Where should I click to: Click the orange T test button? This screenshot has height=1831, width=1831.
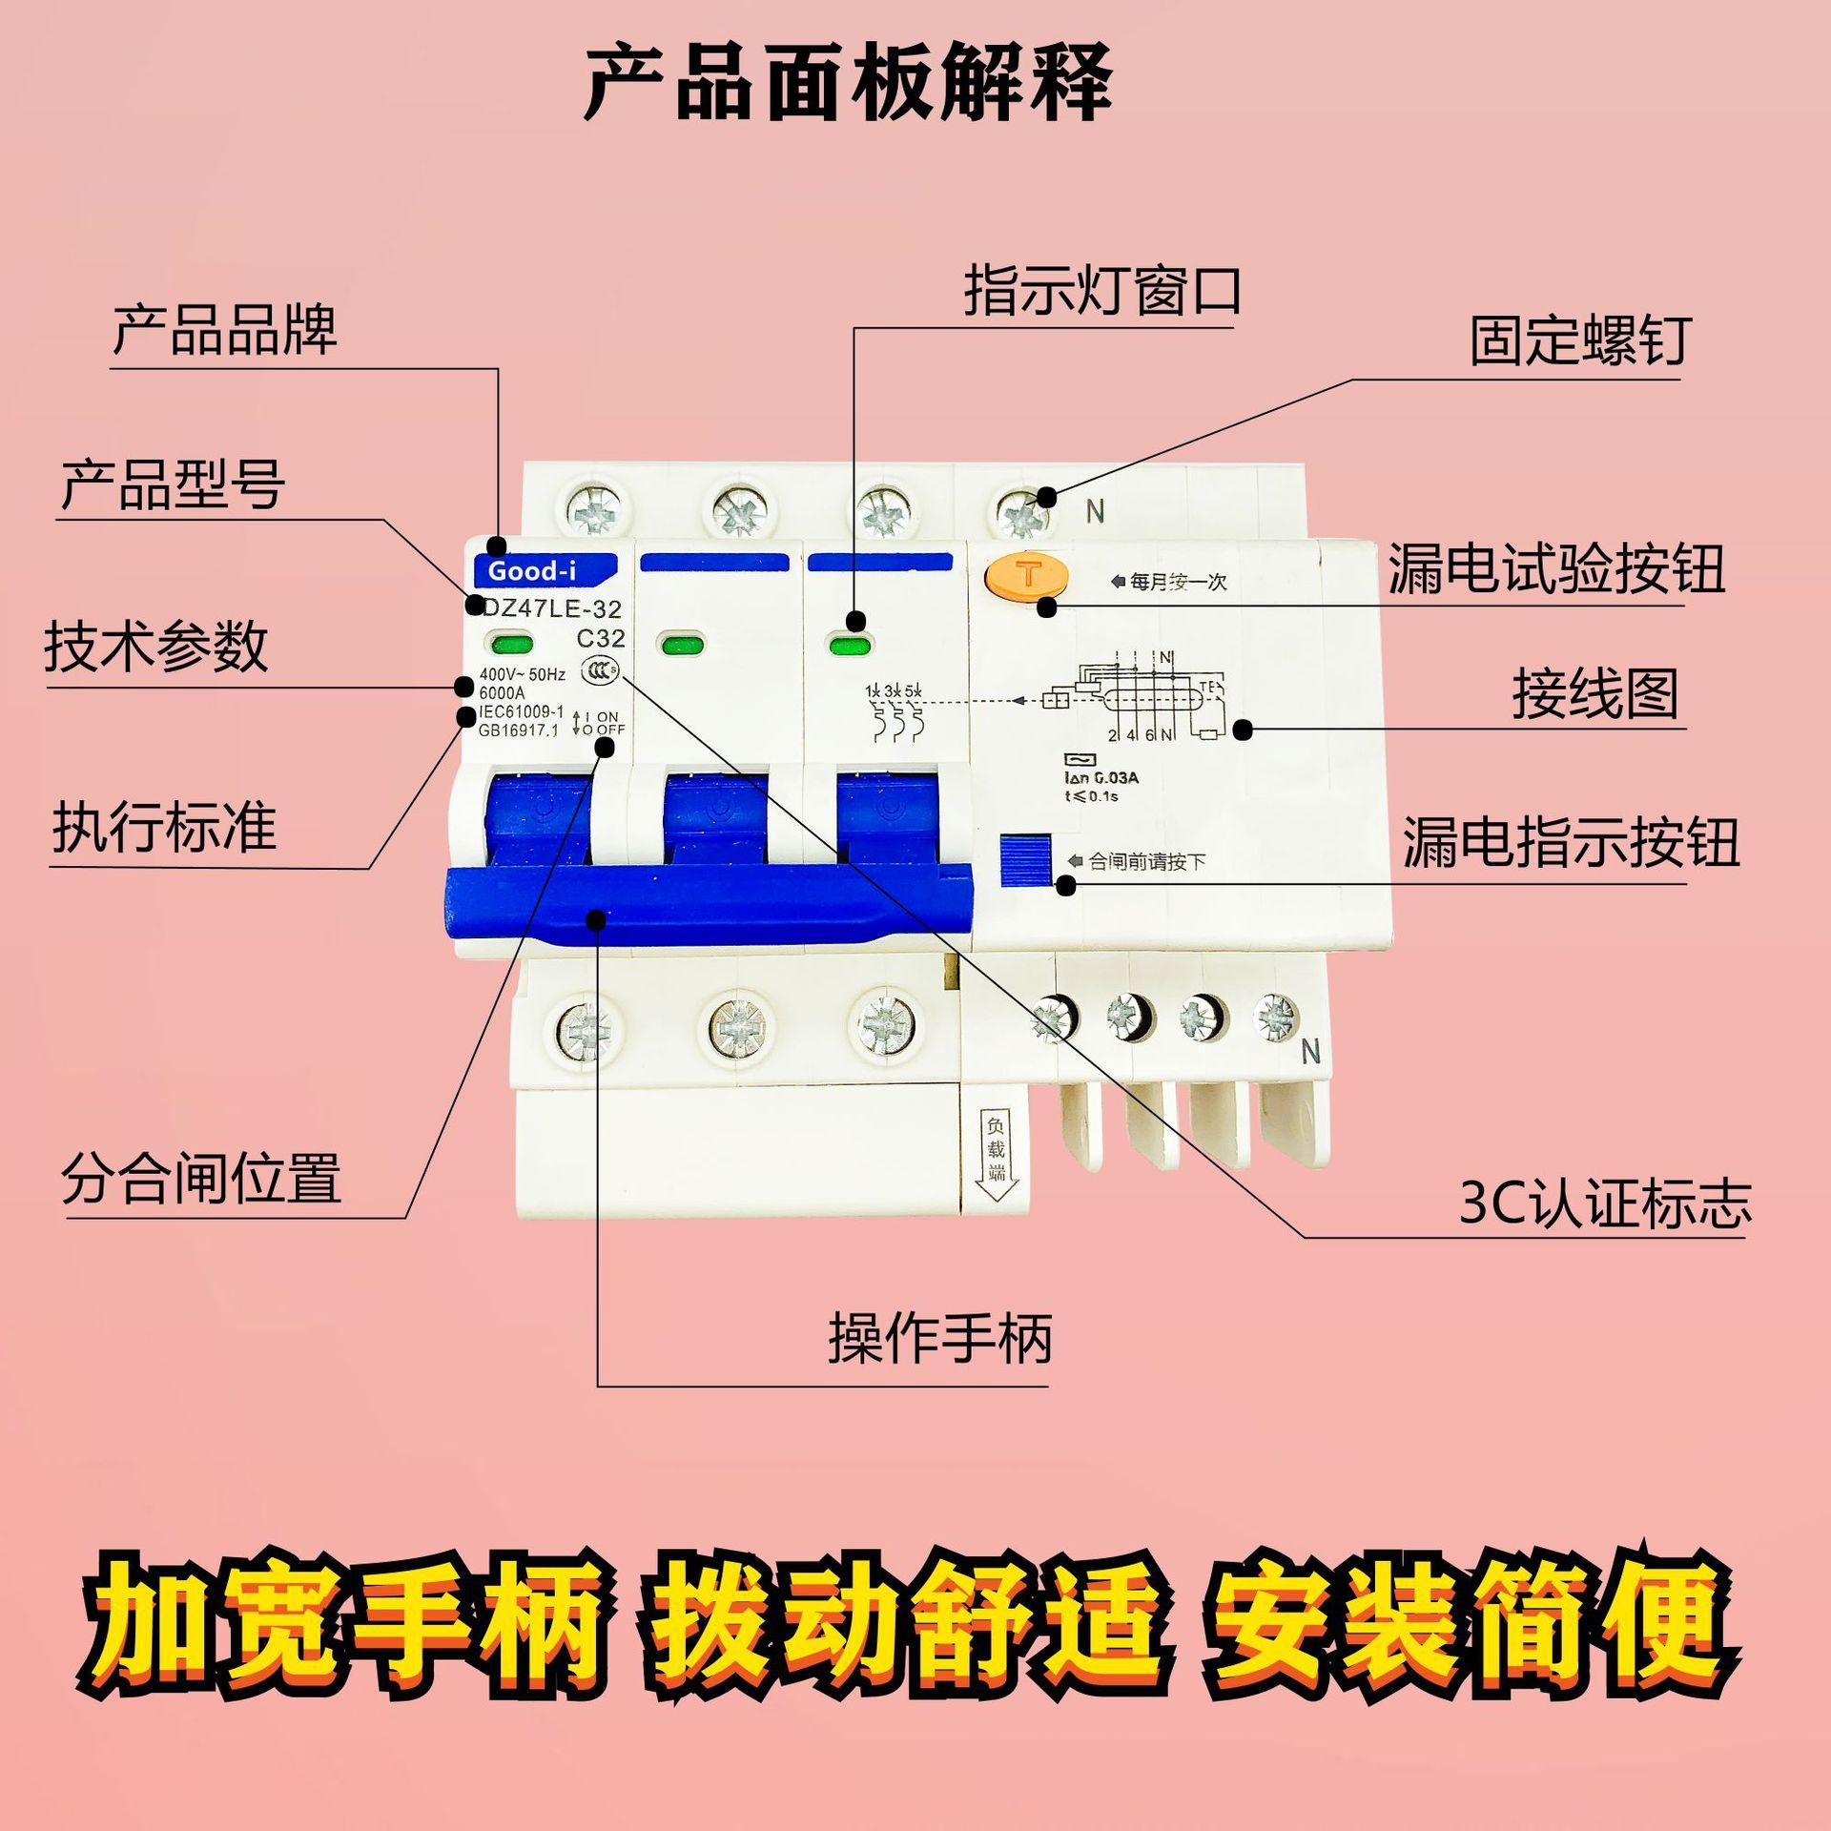coord(1028,575)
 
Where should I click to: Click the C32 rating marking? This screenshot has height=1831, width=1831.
coord(600,638)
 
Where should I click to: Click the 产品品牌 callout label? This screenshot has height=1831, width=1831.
coord(225,330)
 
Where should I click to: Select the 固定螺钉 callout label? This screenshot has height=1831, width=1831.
coord(1580,340)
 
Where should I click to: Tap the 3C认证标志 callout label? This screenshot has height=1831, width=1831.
coord(1605,1204)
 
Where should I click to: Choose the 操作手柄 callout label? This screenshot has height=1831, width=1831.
coord(939,1338)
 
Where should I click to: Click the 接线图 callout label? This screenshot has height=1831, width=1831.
coord(1594,693)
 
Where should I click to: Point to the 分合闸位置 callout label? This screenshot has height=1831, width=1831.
coord(201,1179)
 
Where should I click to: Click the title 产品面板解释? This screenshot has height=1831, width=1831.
coord(848,84)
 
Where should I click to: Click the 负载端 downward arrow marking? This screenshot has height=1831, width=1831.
coord(996,1159)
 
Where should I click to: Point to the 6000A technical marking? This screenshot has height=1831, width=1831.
coord(502,693)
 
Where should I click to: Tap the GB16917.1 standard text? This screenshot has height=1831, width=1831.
coord(519,730)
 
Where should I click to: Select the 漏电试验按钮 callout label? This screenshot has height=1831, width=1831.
coord(1555,569)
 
